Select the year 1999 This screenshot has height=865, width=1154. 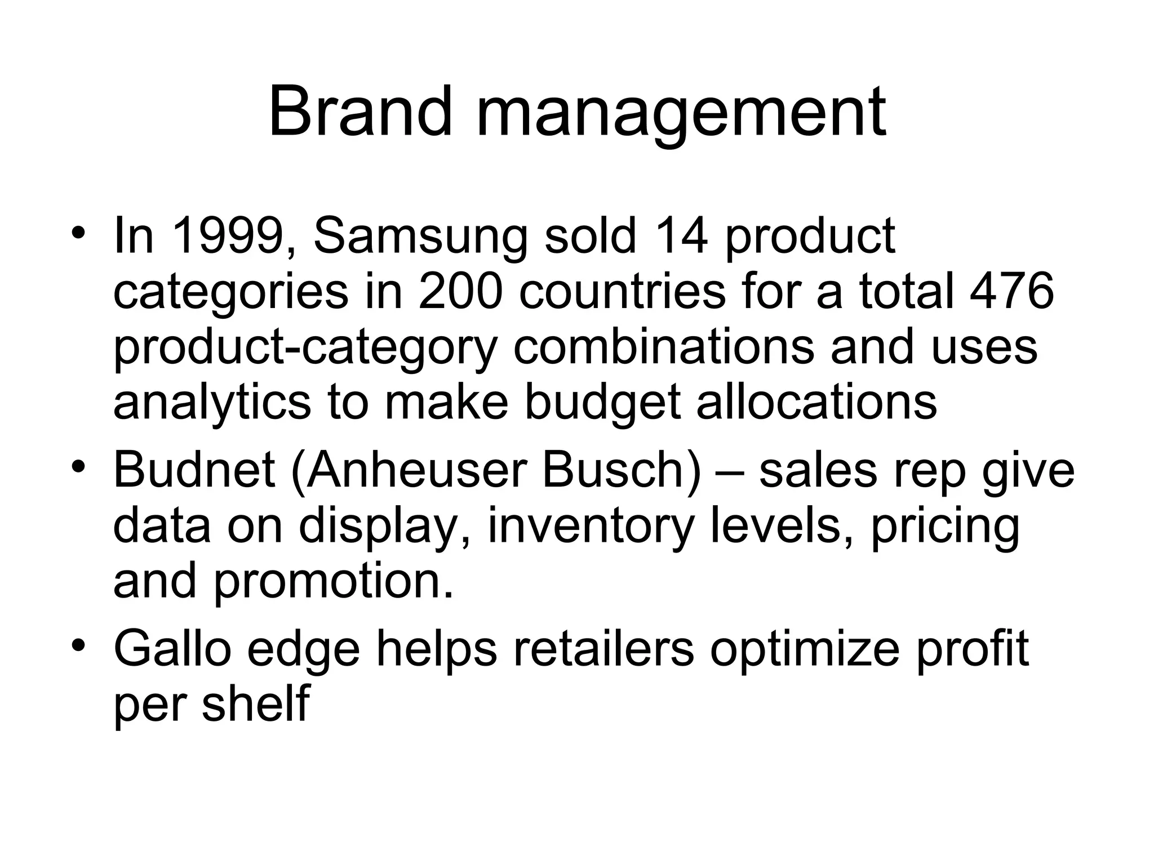pos(227,236)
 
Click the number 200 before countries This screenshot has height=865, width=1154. pos(459,291)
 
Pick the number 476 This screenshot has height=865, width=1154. pos(1013,291)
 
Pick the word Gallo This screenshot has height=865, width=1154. pos(172,648)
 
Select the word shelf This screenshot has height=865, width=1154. pos(255,703)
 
